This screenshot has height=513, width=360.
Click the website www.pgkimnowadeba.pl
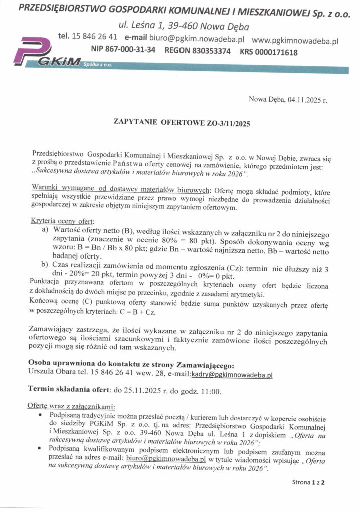(295, 38)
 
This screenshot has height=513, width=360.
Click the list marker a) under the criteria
(45, 229)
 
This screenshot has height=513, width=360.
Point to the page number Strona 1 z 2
(308, 483)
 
